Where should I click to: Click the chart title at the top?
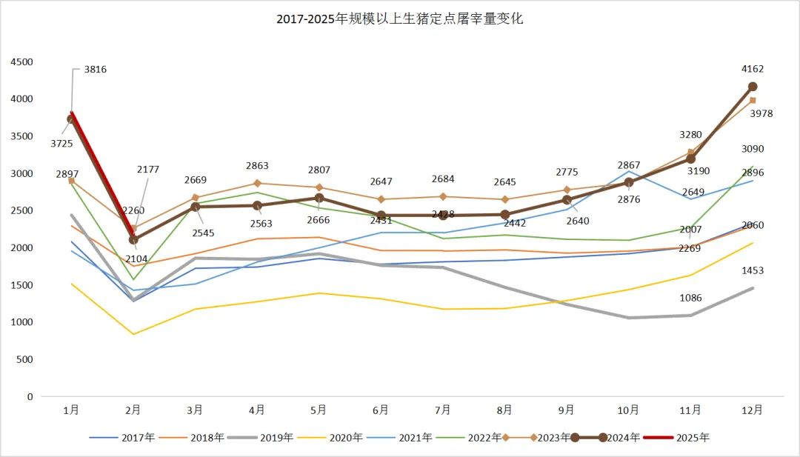400,19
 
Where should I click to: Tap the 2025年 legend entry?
693,438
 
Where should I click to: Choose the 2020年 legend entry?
346,438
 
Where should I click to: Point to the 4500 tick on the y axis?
22,62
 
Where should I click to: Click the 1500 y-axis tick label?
22,285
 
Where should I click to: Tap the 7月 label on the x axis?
443,410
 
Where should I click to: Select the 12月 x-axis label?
752,410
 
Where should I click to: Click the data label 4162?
752,70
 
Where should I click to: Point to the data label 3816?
96,70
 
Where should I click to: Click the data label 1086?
690,298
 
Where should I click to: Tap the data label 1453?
752,271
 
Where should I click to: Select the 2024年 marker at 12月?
752,87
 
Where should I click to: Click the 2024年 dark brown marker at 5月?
319,199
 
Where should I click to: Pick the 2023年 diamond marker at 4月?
257,183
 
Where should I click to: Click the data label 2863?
257,166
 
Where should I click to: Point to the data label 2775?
567,173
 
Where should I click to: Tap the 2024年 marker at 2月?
133,240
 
